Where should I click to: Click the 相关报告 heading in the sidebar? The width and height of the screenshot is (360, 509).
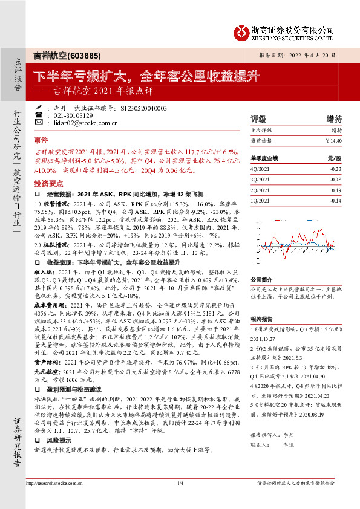coord(261,319)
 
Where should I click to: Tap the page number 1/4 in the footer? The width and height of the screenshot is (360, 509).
coord(180,499)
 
